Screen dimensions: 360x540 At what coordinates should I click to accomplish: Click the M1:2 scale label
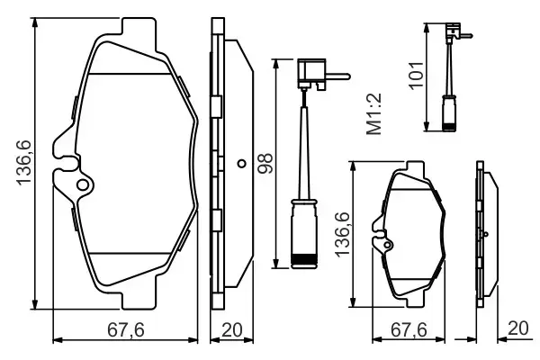374,119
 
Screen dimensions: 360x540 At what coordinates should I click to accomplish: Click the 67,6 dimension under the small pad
410,330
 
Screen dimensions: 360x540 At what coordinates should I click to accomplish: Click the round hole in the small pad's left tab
387,240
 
